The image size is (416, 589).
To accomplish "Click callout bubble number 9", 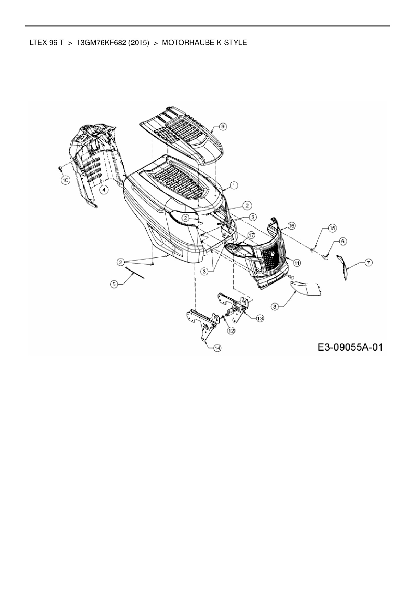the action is [223, 126].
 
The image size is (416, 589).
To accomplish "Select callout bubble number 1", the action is [234, 185].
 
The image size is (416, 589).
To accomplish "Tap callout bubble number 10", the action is [65, 180].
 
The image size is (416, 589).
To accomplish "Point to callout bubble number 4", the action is [104, 190].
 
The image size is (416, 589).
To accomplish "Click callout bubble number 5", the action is [114, 284].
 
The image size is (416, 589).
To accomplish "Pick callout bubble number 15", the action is [332, 228].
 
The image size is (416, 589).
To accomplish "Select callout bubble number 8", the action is [275, 306].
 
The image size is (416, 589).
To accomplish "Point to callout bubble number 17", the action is [251, 235].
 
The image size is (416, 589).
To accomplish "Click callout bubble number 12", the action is [231, 330].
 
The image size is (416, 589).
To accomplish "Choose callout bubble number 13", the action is [260, 318].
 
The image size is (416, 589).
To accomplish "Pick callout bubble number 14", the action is [217, 348].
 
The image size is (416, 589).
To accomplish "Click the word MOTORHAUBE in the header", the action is [183, 43].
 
